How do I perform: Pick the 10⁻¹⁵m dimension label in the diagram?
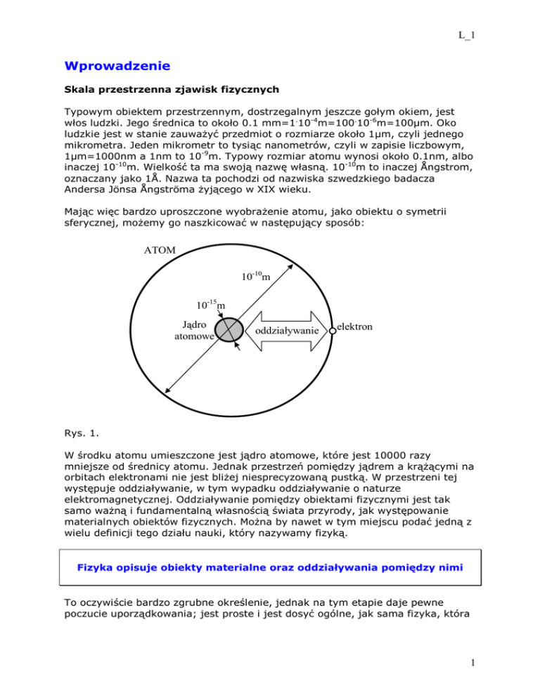click(210, 304)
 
